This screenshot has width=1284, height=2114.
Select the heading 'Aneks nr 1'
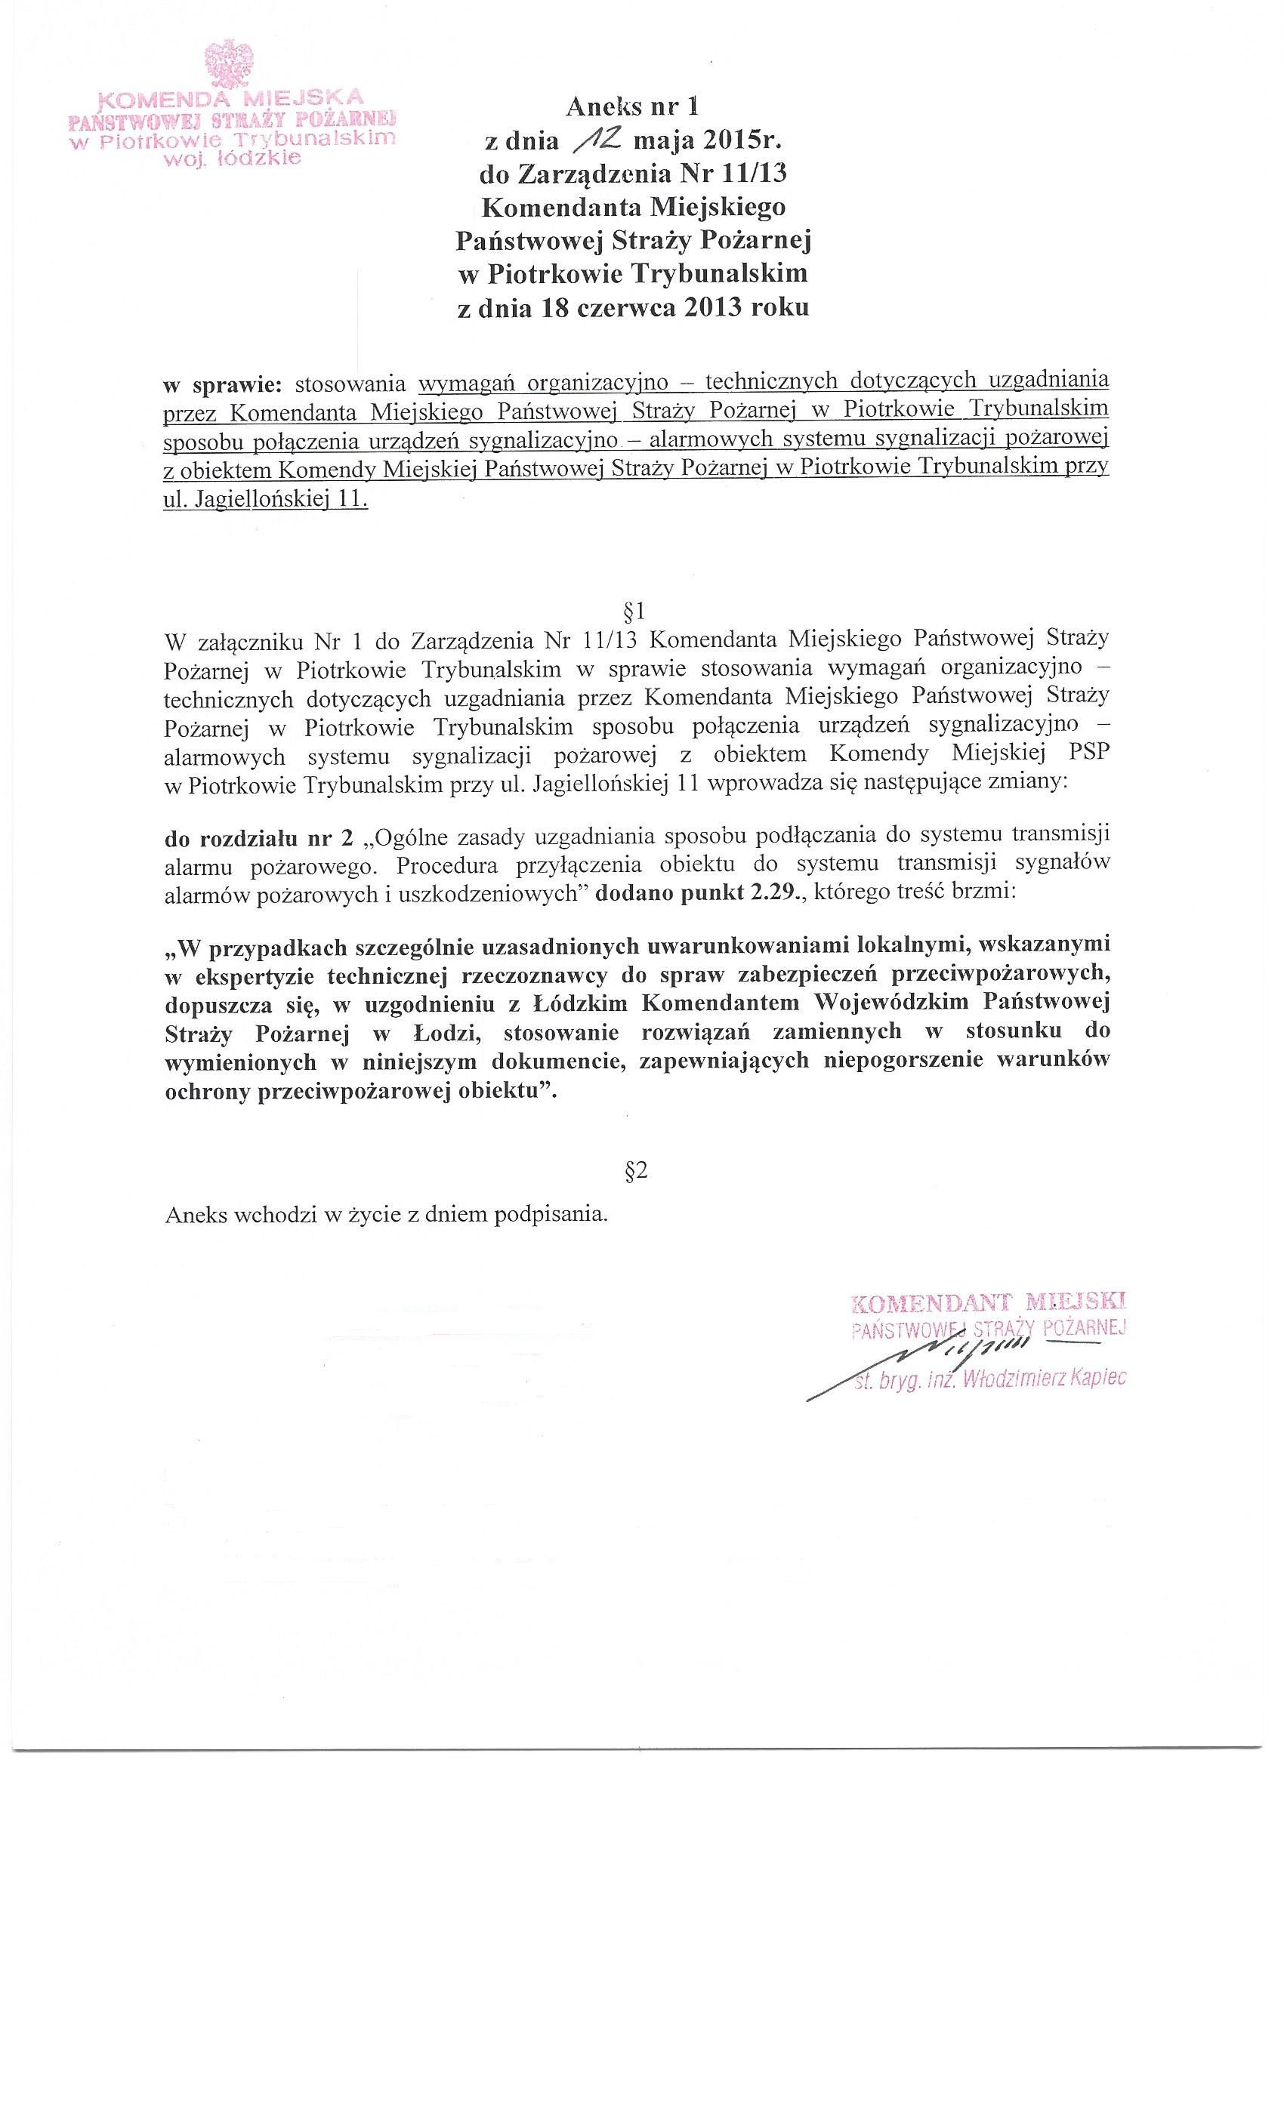pos(633,106)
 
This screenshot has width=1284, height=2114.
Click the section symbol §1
pos(636,610)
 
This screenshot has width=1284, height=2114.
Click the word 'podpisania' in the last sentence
pos(557,1215)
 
